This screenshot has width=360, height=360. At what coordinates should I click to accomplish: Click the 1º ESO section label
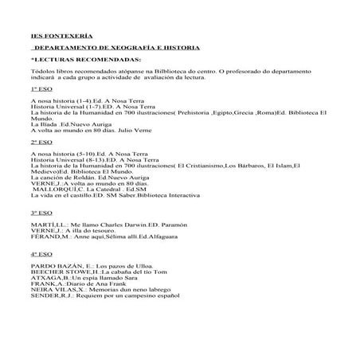click(x=39, y=91)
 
